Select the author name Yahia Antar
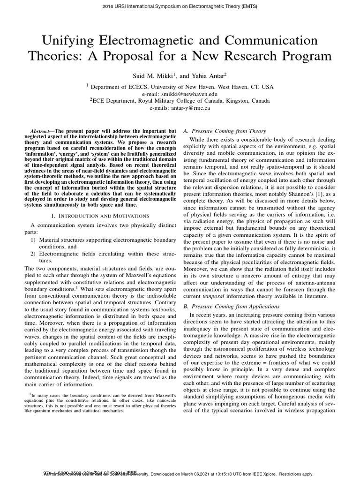208,75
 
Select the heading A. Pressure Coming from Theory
225,131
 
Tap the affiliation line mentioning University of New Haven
180,87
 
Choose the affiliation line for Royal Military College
180,101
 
